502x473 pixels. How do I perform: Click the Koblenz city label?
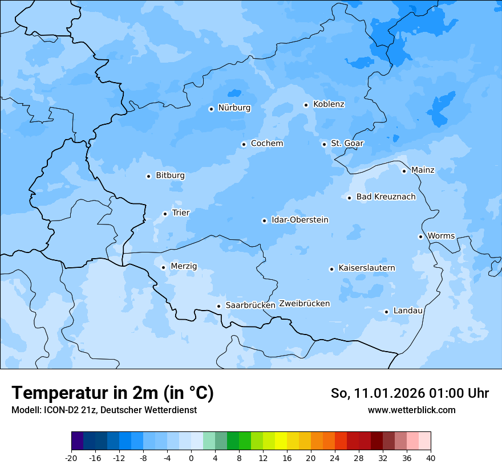click(x=329, y=104)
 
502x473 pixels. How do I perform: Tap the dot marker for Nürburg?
click(x=211, y=109)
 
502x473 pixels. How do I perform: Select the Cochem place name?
click(x=266, y=144)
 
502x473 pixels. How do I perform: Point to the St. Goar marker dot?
click(x=324, y=144)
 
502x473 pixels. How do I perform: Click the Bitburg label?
click(x=170, y=176)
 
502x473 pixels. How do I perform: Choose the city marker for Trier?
click(x=165, y=214)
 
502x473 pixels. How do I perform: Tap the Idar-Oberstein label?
click(x=299, y=220)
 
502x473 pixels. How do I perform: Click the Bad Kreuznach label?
click(x=386, y=197)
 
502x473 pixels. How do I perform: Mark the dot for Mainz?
click(x=404, y=171)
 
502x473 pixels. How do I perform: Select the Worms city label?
click(x=441, y=236)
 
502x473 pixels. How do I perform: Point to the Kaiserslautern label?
click(x=366, y=268)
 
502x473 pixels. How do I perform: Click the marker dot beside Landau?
click(x=386, y=312)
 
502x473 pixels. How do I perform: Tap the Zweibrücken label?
click(x=304, y=304)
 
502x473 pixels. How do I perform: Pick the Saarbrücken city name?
click(x=250, y=305)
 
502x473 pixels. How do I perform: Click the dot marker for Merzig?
click(x=163, y=267)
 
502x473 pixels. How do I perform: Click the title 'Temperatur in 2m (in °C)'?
click(x=112, y=393)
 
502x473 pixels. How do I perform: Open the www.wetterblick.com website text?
click(x=411, y=410)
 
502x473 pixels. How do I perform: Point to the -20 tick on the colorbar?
click(x=71, y=458)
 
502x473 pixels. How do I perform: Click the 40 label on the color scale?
click(x=431, y=458)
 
